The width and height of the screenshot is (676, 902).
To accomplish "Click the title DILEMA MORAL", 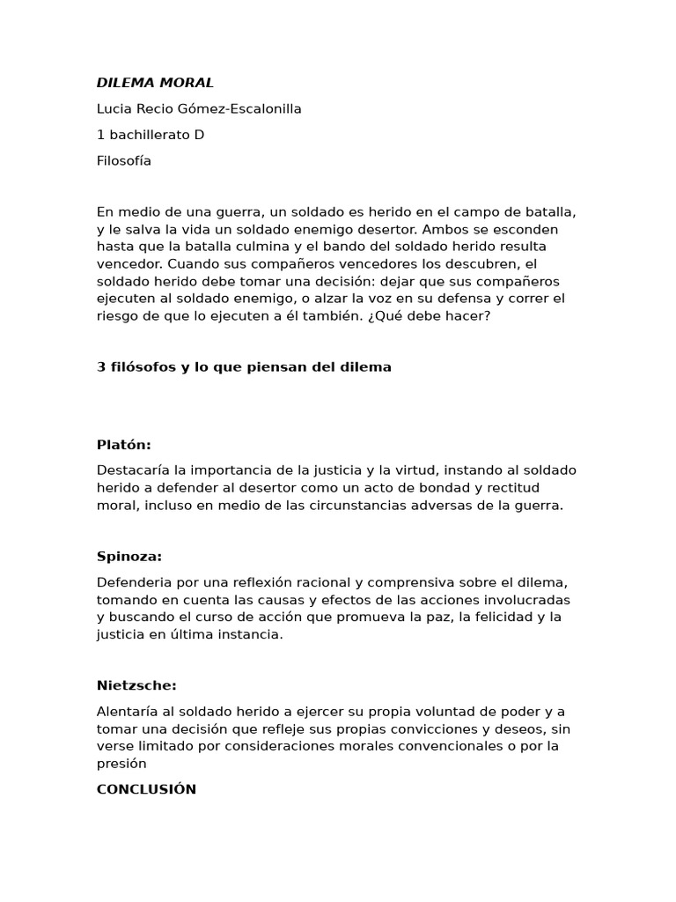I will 155,83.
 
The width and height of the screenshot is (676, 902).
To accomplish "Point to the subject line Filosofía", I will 124,161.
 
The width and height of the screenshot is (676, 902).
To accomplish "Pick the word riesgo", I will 117,316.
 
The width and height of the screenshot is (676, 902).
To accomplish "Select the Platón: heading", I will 124,445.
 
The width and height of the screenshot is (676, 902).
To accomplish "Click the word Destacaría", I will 134,470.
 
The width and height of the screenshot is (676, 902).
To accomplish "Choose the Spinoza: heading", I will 129,557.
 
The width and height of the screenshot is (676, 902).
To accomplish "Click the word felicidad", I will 505,617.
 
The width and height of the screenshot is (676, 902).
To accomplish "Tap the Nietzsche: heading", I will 136,685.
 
